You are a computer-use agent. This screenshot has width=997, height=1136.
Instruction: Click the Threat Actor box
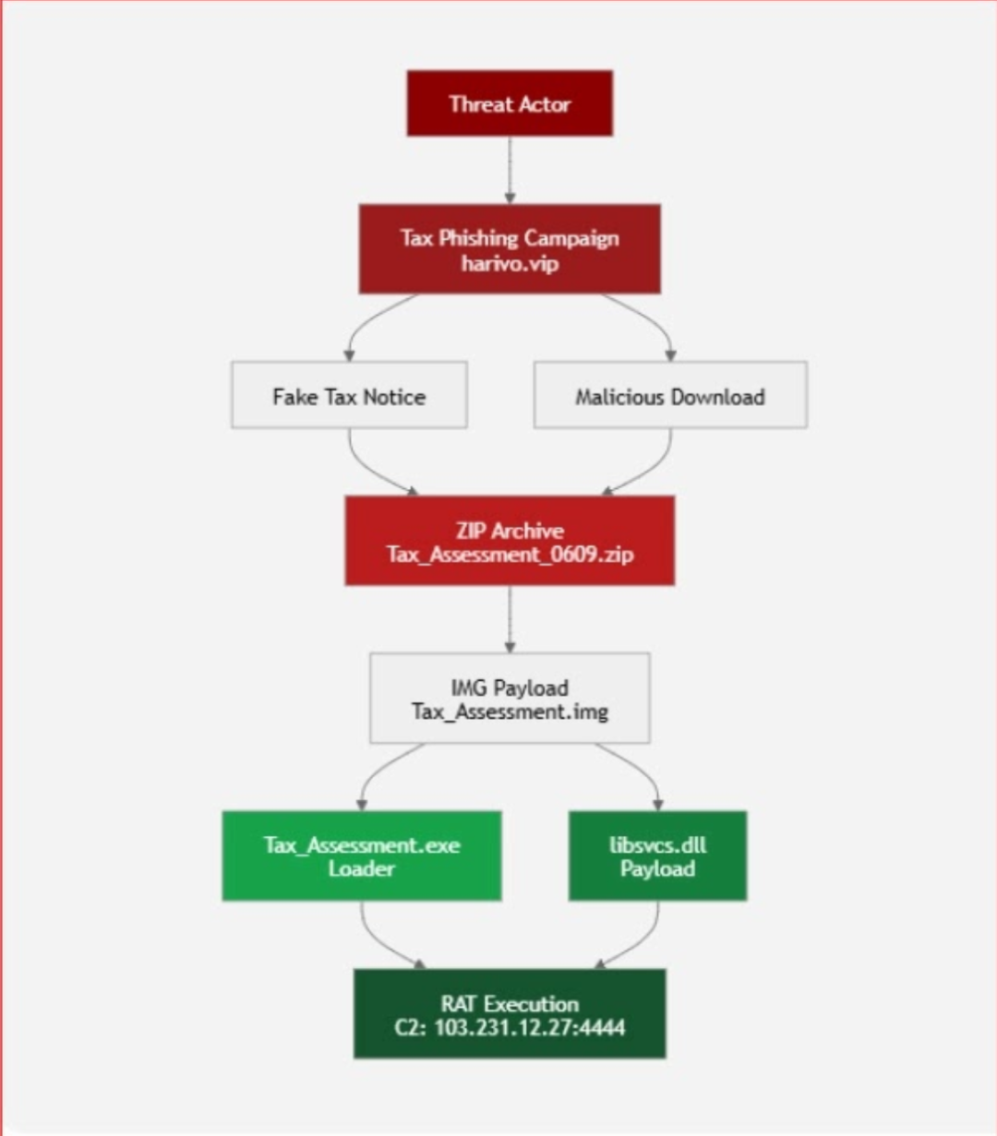tap(510, 103)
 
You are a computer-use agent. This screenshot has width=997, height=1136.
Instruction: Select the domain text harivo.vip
tap(510, 263)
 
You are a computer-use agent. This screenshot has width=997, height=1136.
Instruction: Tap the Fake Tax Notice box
tap(349, 395)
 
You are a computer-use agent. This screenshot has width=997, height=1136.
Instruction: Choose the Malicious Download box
tap(670, 395)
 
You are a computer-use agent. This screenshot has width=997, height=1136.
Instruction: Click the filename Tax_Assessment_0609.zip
tap(510, 555)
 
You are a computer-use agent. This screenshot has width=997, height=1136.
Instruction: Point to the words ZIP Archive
tap(510, 531)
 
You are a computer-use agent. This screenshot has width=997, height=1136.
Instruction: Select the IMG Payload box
tap(510, 698)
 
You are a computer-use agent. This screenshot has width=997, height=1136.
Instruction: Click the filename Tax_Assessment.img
tap(510, 711)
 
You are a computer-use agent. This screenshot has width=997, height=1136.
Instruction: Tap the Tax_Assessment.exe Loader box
tap(361, 856)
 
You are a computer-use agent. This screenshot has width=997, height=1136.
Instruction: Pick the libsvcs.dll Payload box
tap(657, 856)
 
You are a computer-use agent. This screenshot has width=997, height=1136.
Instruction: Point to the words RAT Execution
tap(510, 1004)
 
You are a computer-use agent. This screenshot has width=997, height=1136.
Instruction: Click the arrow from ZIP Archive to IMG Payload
tap(510, 619)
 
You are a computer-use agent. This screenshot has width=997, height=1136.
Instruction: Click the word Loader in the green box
tap(361, 868)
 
